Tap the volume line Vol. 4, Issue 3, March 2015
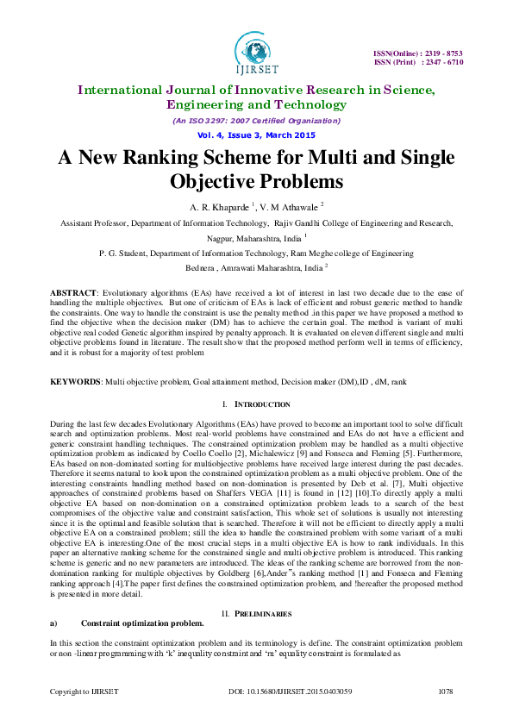tap(256, 135)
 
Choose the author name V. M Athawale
tap(292, 208)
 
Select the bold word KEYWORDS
tap(74, 380)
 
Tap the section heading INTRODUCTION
tap(262, 404)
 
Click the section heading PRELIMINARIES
tap(264, 589)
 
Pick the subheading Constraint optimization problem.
tap(142, 598)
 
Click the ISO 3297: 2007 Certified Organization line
tap(256, 121)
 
